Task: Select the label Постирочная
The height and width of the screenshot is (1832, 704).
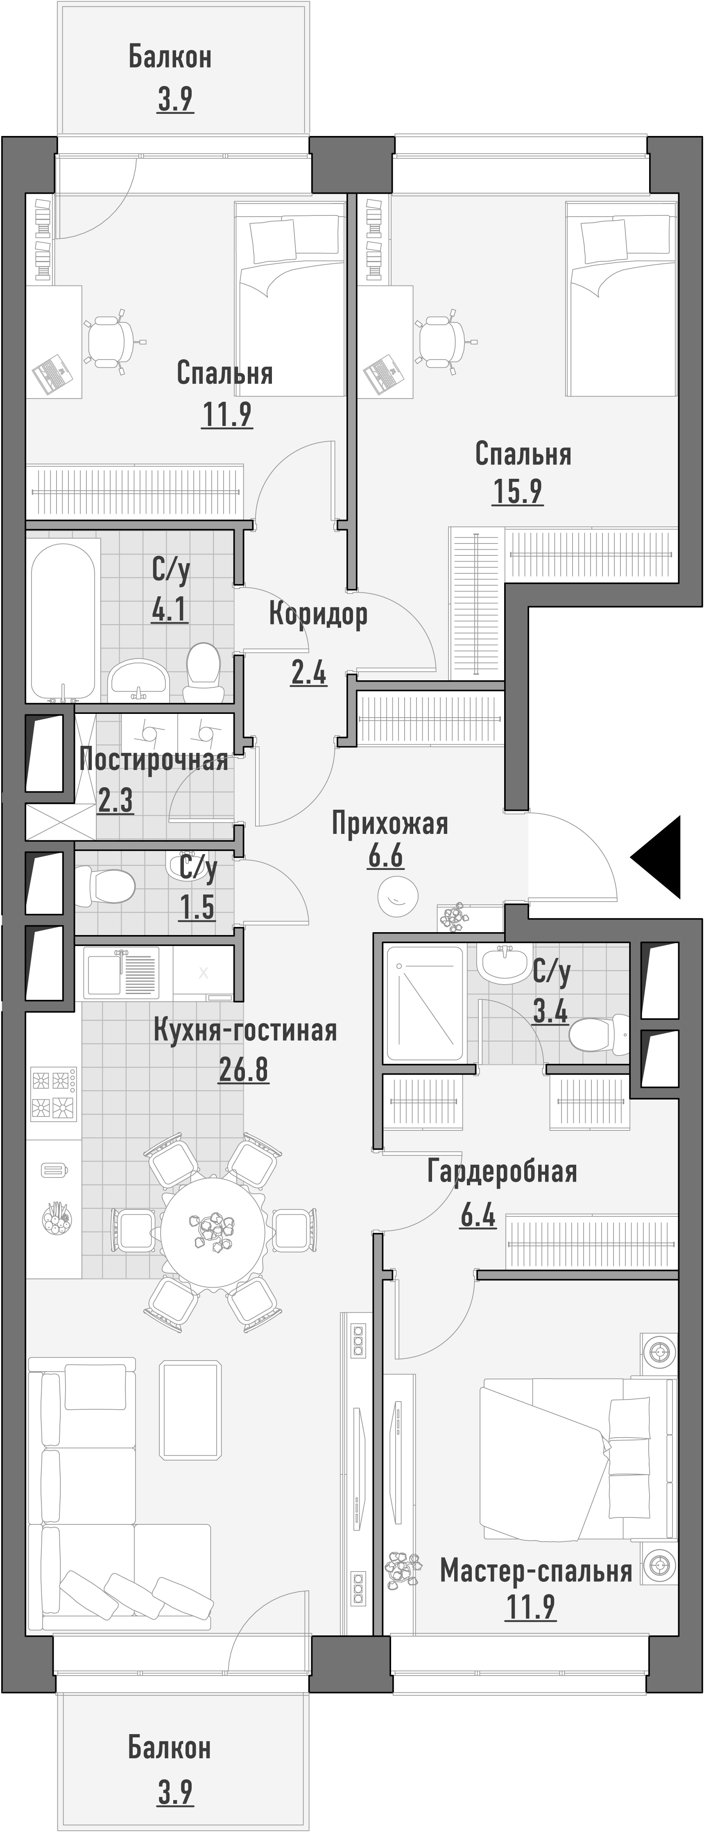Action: pyautogui.click(x=154, y=760)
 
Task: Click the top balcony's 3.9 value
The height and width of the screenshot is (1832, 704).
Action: pyautogui.click(x=175, y=100)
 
